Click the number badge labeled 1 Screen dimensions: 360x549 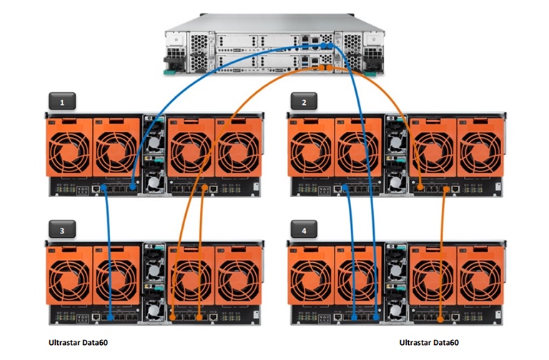point(63,102)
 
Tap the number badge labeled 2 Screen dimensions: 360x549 point(304,102)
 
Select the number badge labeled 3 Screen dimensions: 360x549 point(63,231)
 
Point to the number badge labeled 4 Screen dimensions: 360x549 point(304,231)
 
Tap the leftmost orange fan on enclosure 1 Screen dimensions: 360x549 point(68,146)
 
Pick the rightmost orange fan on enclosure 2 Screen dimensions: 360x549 point(480,146)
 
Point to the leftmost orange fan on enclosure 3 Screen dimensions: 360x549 point(68,275)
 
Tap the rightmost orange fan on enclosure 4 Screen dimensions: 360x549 point(480,275)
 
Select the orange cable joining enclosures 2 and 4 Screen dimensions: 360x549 point(443,250)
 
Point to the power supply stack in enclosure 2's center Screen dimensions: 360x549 point(396,154)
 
